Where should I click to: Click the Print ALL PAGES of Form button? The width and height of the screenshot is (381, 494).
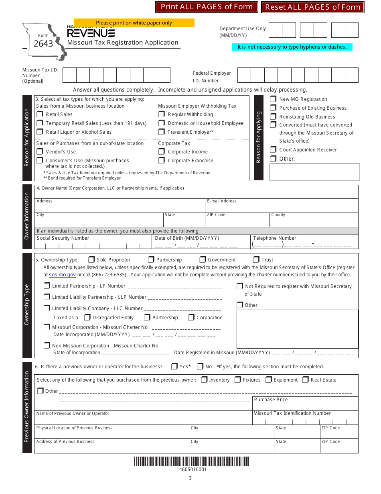pos(207,7)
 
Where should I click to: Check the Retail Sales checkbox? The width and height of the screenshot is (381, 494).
pos(40,114)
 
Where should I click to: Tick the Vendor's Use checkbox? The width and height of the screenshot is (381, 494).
pos(40,152)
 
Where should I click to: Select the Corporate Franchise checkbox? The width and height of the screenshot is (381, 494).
pos(161,161)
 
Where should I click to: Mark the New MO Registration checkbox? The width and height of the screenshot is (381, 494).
pos(273,99)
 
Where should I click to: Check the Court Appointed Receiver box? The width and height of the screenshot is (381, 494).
pos(273,150)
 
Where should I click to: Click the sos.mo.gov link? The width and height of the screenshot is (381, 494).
pos(62,275)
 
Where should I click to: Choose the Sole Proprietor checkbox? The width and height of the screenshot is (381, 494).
pos(91,260)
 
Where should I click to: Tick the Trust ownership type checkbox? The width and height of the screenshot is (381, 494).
pos(256,260)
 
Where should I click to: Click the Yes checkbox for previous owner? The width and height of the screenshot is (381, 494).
pos(174,367)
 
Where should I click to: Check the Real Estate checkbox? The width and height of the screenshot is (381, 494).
pos(306,380)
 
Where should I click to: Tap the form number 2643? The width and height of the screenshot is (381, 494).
pos(43,44)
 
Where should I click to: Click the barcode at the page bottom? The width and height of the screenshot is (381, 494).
pos(191,461)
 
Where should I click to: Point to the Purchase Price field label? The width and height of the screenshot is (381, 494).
pos(271,400)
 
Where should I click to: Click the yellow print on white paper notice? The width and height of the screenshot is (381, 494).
pos(134,23)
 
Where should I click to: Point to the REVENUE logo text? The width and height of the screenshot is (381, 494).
pos(91,33)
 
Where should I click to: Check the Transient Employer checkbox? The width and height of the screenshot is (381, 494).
pos(161,132)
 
